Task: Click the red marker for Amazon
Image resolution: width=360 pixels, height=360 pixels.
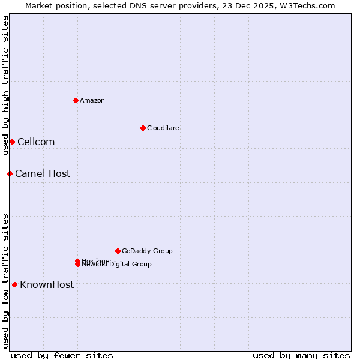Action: point(76,100)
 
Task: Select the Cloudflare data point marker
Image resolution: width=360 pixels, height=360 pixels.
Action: point(143,128)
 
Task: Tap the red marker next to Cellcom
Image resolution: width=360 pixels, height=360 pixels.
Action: point(12,142)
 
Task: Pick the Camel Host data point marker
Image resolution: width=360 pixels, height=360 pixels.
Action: point(10,173)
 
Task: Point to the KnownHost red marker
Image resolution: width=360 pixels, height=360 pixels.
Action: point(14,284)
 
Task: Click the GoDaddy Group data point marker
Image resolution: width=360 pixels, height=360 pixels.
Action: point(118,251)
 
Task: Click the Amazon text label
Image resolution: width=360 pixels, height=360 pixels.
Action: point(92,100)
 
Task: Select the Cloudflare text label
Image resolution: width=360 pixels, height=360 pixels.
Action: point(163,128)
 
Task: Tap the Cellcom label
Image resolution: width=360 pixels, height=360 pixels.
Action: point(36,142)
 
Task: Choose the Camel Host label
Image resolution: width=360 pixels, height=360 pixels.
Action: point(43,173)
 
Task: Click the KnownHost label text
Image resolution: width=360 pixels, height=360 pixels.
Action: point(47,284)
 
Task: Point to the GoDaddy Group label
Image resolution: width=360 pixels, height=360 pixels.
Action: point(147,251)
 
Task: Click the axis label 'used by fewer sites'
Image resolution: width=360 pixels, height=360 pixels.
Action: point(62,355)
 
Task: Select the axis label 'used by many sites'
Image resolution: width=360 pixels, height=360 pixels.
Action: point(301,355)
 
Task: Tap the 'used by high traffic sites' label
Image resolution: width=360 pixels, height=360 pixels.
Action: point(5,85)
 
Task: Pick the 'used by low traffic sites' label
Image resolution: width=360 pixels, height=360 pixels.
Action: point(5,280)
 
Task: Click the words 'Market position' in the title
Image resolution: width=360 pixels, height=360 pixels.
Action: point(53,5)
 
